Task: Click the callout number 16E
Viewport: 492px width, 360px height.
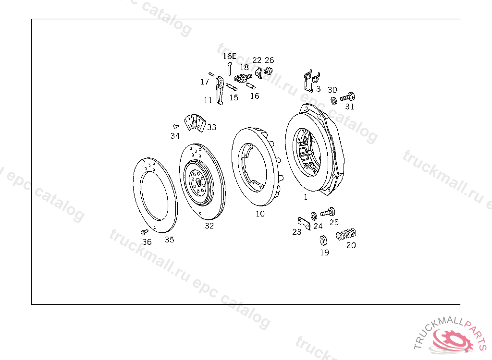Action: coord(229,56)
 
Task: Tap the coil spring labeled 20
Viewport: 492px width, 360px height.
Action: coord(346,234)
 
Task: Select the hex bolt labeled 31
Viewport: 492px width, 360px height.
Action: coord(348,96)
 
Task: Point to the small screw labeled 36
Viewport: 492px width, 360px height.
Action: coord(144,232)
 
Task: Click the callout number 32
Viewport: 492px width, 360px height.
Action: coord(209,226)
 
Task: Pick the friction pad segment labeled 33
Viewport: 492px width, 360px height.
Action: coord(194,123)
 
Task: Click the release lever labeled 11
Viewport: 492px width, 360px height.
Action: coord(220,91)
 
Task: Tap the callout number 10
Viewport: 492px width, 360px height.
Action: coord(260,214)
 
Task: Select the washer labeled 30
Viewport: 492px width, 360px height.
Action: coord(334,101)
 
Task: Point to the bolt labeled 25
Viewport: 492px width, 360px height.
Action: coord(328,212)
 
